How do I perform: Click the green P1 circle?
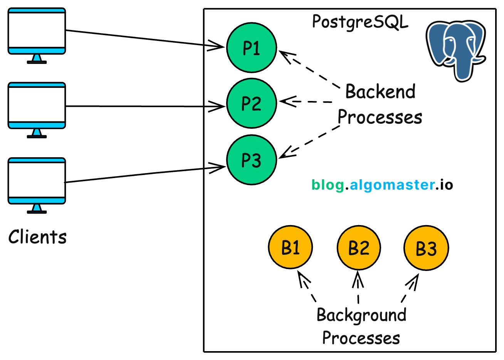(251, 48)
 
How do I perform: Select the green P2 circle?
(251, 103)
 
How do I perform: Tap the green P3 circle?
(251, 160)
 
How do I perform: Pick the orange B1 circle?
(290, 247)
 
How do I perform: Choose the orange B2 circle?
(359, 247)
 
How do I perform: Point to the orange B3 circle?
(426, 248)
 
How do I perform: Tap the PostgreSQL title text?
(360, 22)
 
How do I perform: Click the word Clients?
(37, 237)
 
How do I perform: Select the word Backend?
(380, 92)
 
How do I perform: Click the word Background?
(361, 315)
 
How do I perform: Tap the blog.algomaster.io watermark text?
(382, 185)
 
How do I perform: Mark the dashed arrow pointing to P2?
(306, 102)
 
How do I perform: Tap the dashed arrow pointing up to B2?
(358, 287)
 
